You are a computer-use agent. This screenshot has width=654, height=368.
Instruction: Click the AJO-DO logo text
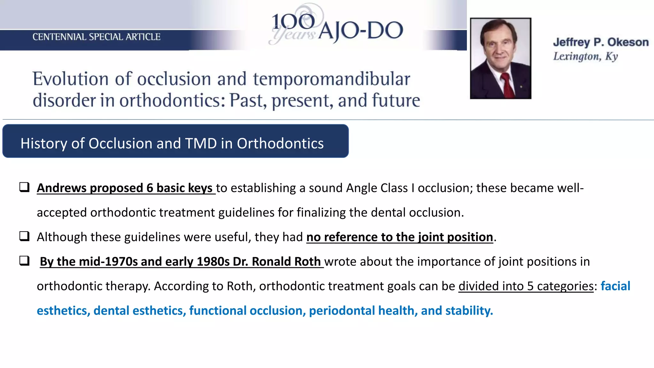tap(360, 31)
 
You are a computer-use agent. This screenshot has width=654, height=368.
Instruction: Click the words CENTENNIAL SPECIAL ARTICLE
tap(96, 37)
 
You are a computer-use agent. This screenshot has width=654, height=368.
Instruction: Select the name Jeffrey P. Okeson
tap(601, 42)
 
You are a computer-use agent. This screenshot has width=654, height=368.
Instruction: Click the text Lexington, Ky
tap(585, 57)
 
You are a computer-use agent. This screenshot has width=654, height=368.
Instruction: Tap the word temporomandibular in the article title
tap(331, 79)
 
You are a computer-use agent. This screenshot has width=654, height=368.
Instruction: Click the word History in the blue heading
tap(44, 143)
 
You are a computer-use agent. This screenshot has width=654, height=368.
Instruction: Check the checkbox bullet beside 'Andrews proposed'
tap(25, 187)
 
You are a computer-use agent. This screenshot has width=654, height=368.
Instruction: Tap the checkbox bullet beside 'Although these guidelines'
tap(25, 236)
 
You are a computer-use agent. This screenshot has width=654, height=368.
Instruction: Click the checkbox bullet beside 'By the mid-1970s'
tap(25, 261)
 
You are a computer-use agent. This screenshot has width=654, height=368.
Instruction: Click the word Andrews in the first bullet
tap(61, 188)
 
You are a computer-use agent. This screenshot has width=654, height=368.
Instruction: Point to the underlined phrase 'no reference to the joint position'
tap(399, 237)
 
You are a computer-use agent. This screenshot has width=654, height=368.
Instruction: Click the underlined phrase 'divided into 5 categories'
tap(526, 286)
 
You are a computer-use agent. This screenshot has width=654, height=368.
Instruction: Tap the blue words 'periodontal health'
tap(361, 311)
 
